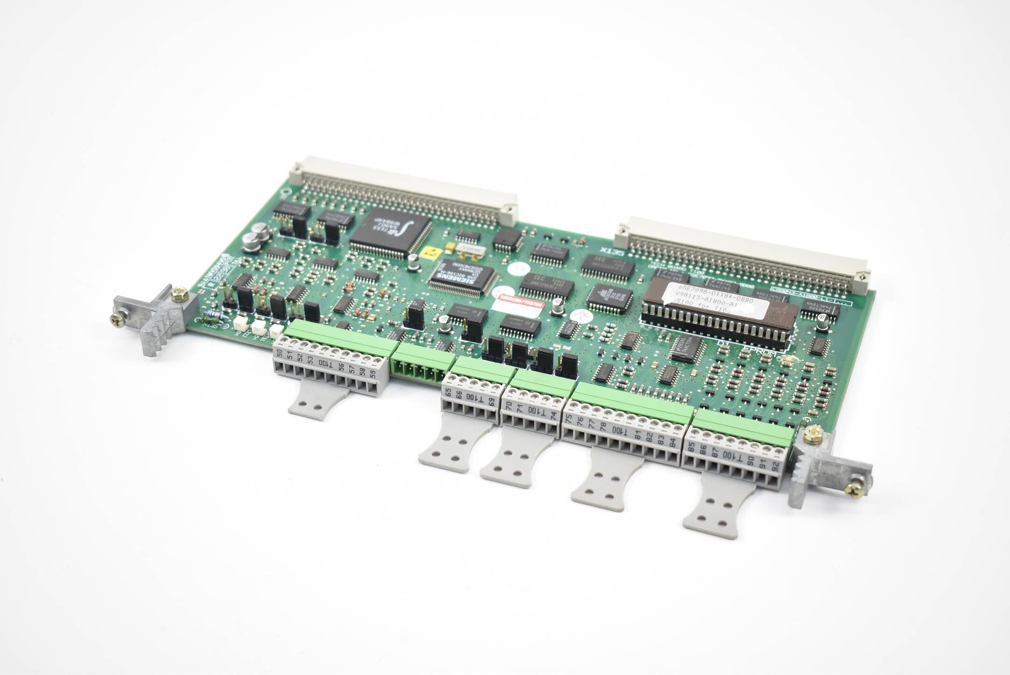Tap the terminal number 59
(x=373, y=374)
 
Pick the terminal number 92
(x=776, y=465)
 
